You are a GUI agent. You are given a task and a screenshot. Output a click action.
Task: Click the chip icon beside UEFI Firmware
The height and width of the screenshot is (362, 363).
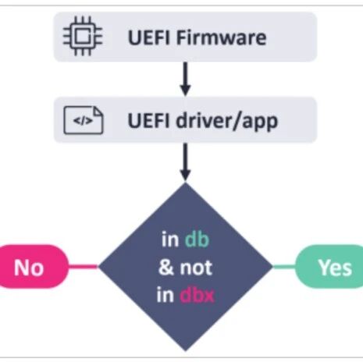click(x=83, y=36)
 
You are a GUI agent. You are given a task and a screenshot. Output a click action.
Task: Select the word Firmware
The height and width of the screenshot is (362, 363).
click(x=222, y=37)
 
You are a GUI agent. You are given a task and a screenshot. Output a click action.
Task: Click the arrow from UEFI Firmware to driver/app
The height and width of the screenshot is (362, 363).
click(x=185, y=79)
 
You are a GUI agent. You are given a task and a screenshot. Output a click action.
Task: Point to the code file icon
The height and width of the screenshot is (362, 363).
click(x=84, y=120)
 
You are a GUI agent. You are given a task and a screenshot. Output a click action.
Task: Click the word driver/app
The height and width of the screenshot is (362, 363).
click(x=227, y=122)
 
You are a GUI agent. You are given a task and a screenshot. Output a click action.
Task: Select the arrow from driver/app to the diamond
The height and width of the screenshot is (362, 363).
click(x=185, y=161)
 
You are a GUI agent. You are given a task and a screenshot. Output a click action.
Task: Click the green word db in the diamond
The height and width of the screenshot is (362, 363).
click(x=197, y=240)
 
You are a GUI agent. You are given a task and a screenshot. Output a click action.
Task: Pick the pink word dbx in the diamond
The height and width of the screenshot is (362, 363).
click(x=197, y=295)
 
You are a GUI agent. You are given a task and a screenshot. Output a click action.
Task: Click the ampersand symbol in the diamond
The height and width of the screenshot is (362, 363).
click(x=166, y=268)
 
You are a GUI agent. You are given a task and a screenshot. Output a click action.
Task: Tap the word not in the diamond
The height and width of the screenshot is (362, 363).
click(x=196, y=268)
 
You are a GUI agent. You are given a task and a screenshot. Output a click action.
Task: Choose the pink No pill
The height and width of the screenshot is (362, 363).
click(x=34, y=267)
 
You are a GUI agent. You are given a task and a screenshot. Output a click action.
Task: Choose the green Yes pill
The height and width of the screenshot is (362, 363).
click(x=329, y=267)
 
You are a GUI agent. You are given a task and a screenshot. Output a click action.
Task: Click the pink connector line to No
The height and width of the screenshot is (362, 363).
click(x=84, y=266)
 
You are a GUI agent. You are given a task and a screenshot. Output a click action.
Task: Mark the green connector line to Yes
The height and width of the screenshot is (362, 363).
click(x=284, y=267)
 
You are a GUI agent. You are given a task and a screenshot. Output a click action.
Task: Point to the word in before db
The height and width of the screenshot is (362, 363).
click(x=170, y=240)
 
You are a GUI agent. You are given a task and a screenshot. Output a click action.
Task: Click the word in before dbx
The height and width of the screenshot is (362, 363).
click(x=165, y=295)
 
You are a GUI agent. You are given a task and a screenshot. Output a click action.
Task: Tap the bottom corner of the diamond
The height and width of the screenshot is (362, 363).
click(x=185, y=351)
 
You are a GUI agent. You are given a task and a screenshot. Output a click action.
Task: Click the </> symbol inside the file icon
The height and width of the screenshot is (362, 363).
click(x=83, y=121)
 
